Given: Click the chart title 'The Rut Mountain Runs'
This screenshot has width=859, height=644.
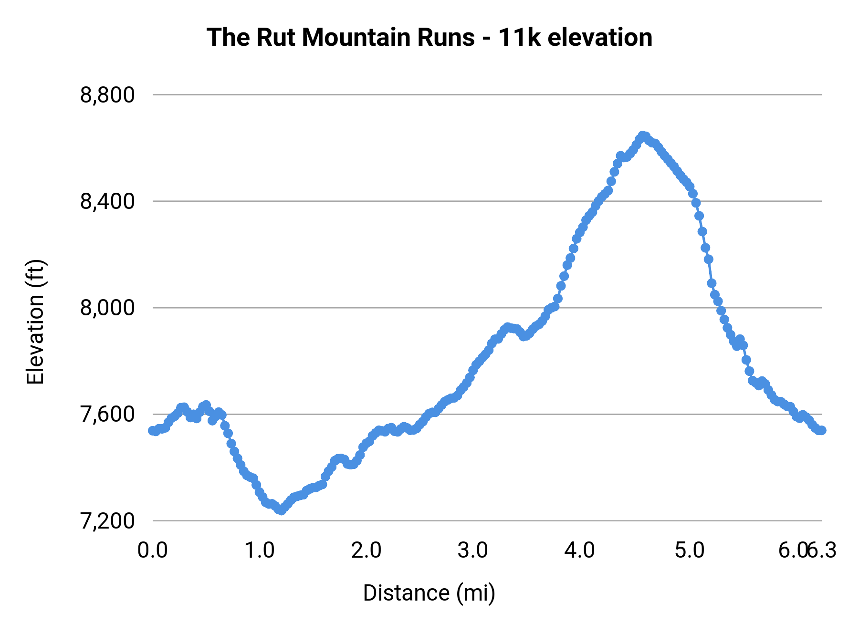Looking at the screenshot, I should [x=341, y=38].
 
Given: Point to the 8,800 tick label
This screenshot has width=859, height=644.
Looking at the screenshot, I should [x=107, y=95].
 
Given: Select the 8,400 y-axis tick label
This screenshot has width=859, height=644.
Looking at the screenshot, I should [x=107, y=202].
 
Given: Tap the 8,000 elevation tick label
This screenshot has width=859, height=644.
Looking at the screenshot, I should [x=107, y=308].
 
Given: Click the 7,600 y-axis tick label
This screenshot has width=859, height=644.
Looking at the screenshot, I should [x=107, y=415].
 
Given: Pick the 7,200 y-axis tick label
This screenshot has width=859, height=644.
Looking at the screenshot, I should [x=107, y=521].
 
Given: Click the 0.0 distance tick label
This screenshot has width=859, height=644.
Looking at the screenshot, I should [x=153, y=551].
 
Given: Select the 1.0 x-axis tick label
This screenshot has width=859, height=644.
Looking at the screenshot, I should [x=259, y=551].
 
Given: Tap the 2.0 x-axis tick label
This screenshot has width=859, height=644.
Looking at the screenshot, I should [x=366, y=551].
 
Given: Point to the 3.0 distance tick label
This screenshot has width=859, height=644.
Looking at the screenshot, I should [x=472, y=551].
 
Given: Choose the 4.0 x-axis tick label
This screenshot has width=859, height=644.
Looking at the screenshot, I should [x=579, y=551].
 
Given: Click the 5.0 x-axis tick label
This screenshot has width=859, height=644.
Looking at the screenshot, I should [x=690, y=551].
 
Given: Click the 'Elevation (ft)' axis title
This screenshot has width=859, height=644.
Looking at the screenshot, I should [x=36, y=322].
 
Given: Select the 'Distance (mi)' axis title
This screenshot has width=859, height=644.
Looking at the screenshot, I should [x=429, y=593].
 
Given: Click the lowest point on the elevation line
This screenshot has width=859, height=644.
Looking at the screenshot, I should [x=281, y=510].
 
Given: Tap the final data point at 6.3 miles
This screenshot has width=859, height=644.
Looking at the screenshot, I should [x=821, y=430].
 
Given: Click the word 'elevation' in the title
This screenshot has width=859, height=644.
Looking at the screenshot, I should [x=600, y=38].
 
